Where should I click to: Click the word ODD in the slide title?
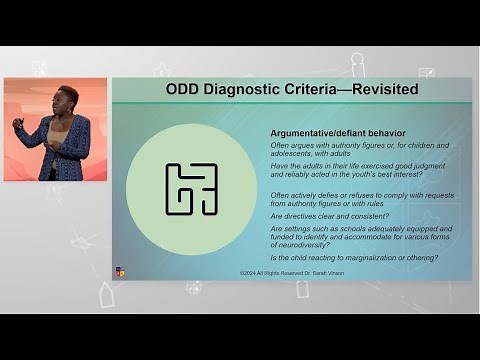[187, 91]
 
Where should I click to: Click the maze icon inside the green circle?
[191, 189]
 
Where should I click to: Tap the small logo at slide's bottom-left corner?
[120, 271]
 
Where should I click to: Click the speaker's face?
[70, 103]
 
